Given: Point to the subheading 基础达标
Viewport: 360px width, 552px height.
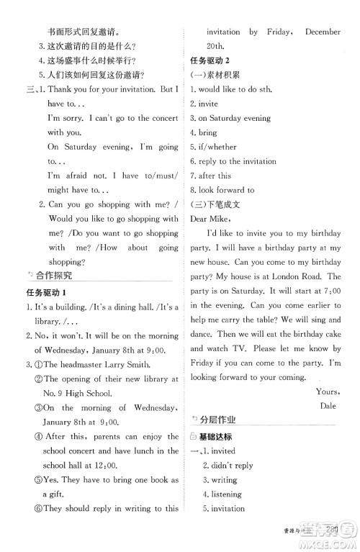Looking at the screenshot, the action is click(x=217, y=436).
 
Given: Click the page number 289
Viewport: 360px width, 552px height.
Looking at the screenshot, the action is click(x=332, y=531).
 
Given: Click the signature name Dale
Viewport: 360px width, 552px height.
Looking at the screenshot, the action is click(x=328, y=405).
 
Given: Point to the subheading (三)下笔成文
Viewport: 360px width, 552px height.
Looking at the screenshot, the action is click(x=215, y=204).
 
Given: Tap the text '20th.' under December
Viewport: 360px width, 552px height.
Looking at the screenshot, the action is click(x=216, y=45).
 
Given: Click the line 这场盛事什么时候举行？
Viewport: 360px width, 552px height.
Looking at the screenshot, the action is click(x=91, y=60).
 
